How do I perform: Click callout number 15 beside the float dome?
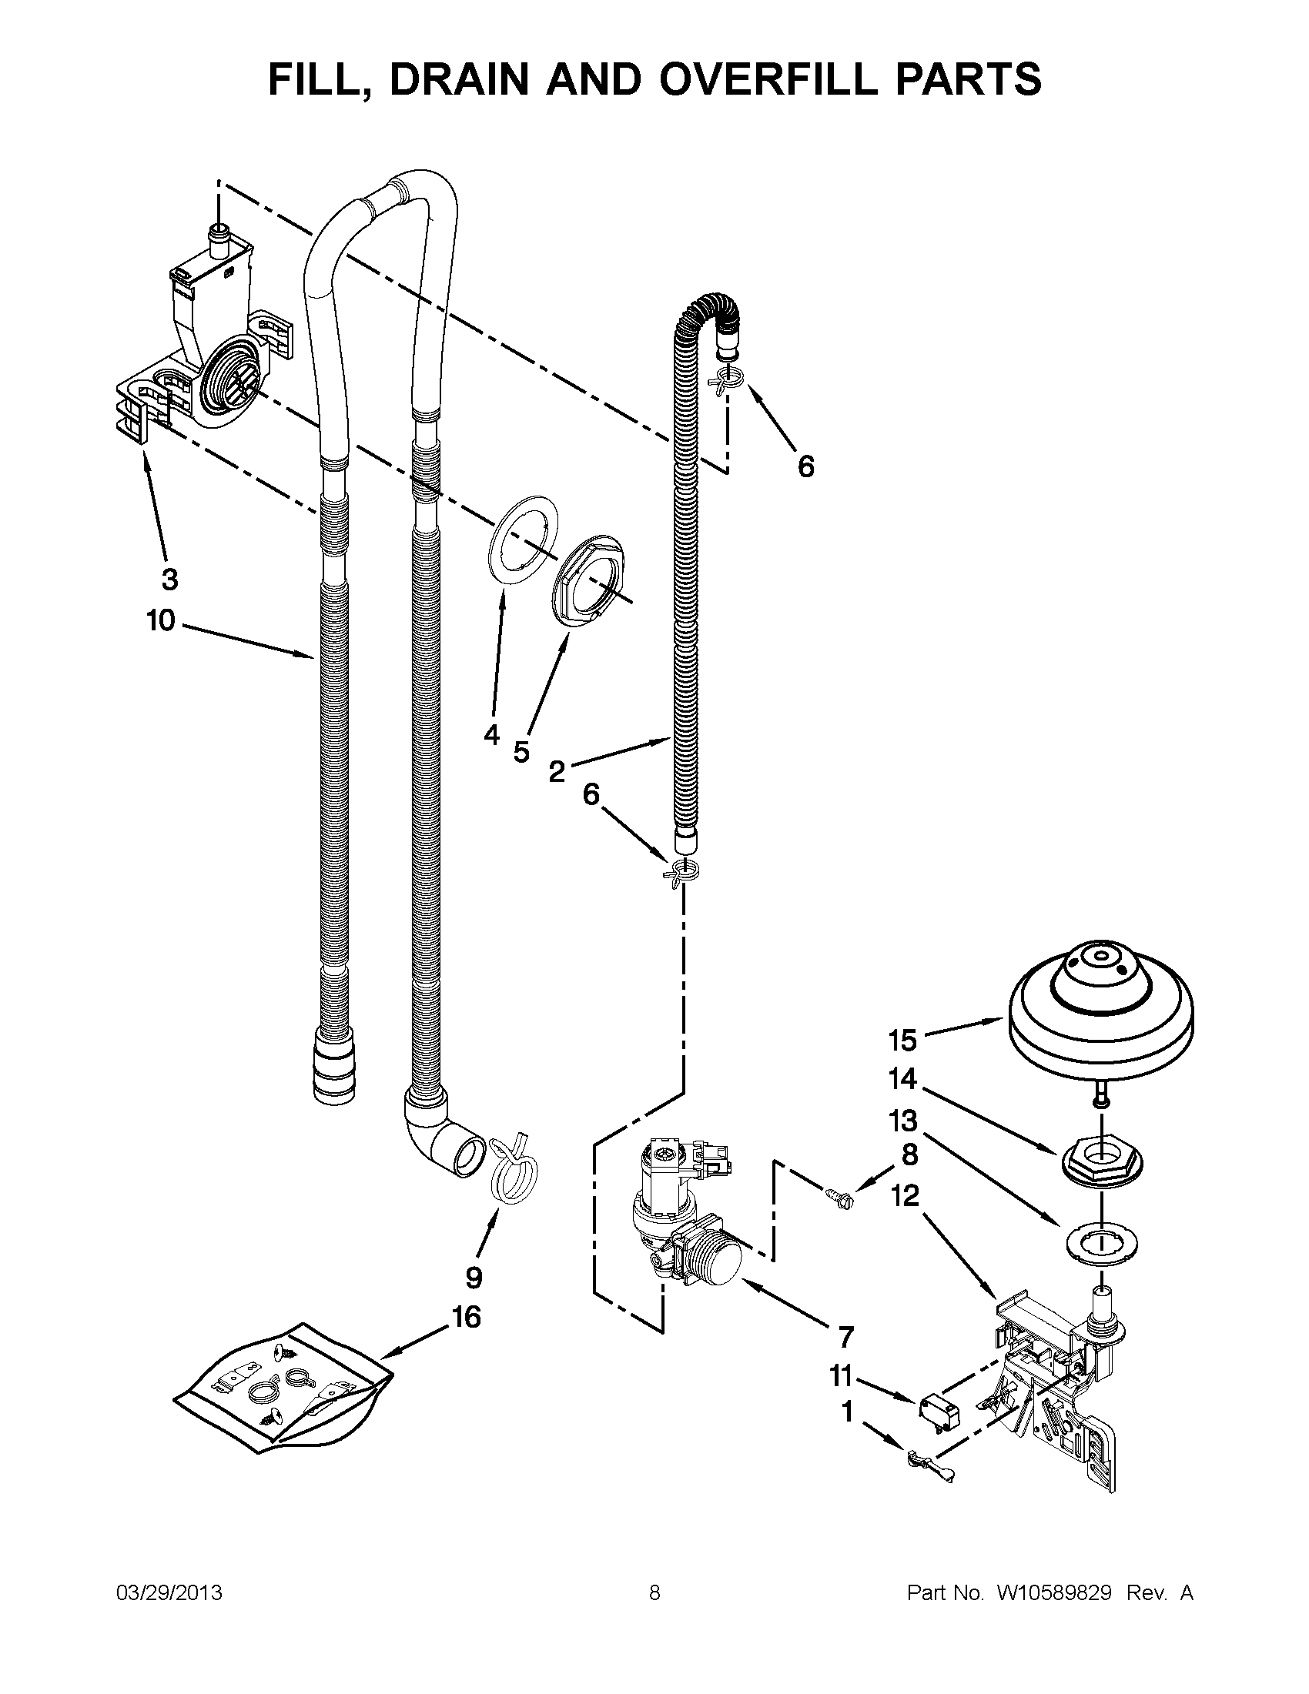pos(903,1039)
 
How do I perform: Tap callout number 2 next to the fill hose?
pos(557,771)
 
